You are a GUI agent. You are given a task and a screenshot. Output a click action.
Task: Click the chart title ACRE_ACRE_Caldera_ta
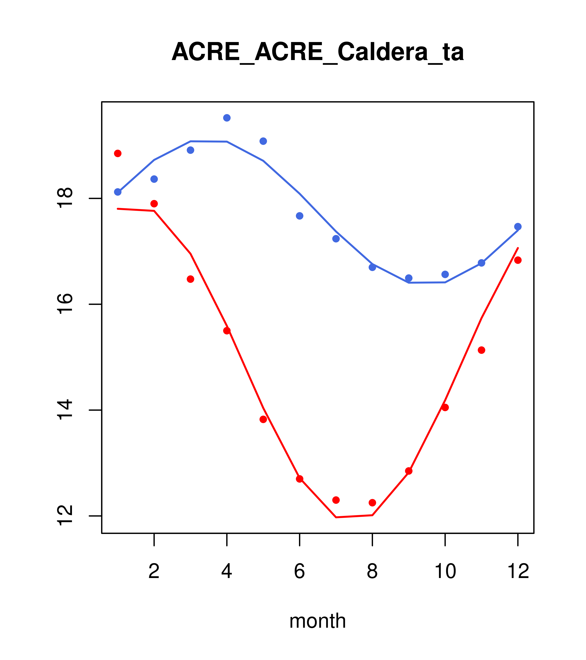coord(318,52)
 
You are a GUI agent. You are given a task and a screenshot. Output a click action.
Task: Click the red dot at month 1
coord(118,153)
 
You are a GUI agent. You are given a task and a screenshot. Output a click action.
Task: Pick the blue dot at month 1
coord(118,192)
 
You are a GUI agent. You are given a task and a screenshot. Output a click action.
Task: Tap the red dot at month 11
coord(482,350)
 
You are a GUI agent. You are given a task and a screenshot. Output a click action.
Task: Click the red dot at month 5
coord(263,419)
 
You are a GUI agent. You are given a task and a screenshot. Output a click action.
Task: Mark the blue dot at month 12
coord(518,227)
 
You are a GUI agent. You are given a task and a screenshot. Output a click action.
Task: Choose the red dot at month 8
coord(372,503)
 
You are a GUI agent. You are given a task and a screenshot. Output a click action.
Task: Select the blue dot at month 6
coord(300,216)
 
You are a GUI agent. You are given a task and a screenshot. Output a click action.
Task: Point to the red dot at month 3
coord(191,279)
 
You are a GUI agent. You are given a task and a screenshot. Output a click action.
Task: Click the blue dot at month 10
coord(445,275)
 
